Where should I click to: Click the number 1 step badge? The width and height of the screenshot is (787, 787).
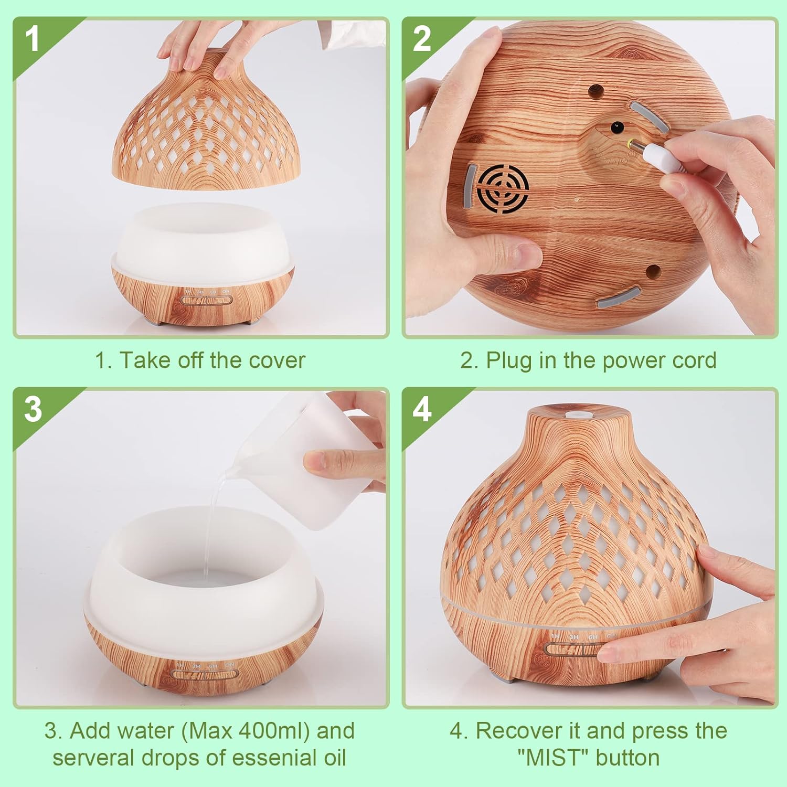coord(33,39)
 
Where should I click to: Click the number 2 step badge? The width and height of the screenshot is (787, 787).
coord(422,39)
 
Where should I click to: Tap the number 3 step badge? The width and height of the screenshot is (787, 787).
coord(33,409)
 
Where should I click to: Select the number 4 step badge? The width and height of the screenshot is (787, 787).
coord(422,409)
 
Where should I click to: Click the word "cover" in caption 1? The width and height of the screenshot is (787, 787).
coord(277,360)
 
